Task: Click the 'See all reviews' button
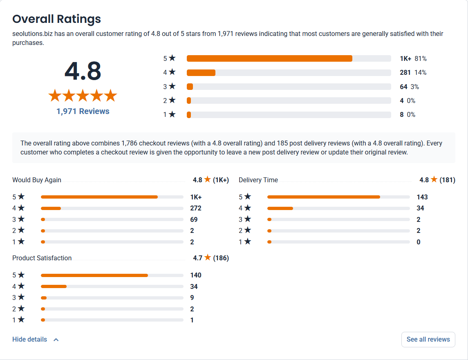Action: click(428, 340)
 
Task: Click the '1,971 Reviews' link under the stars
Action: click(83, 111)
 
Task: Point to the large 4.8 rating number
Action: click(83, 71)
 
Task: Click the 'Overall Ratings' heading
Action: click(56, 19)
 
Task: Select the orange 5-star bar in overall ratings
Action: click(269, 58)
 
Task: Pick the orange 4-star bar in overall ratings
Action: click(201, 73)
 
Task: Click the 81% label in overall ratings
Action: click(421, 58)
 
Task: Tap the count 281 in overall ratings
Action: click(405, 73)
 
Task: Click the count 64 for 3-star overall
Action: click(403, 87)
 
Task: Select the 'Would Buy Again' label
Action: click(37, 180)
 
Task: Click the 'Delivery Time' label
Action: click(258, 180)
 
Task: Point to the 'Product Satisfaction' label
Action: click(42, 258)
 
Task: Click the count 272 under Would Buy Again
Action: click(196, 208)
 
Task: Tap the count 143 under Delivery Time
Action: click(422, 197)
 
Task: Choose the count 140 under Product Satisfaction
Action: click(196, 275)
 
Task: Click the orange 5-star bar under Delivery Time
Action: click(324, 197)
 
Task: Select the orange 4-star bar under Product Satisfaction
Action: click(54, 286)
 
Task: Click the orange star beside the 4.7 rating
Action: click(208, 257)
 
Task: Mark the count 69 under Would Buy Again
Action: click(194, 219)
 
